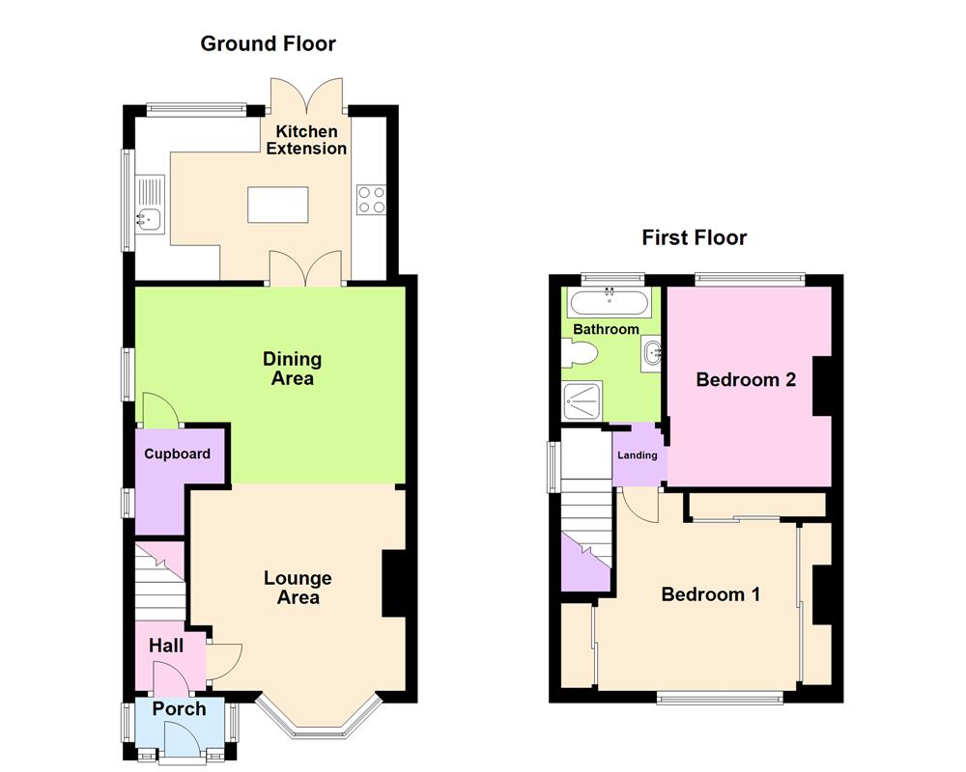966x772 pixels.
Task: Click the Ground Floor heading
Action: (268, 43)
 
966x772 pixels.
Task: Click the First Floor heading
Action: (694, 238)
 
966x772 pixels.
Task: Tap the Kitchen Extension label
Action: (306, 140)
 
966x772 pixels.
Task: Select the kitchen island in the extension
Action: (278, 205)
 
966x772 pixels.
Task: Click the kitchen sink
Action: (147, 218)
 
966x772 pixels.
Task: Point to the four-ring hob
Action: (372, 200)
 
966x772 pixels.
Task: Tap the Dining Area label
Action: (292, 369)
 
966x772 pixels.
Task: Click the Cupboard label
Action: (177, 455)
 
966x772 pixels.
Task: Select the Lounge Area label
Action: (298, 588)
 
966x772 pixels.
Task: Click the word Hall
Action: (165, 646)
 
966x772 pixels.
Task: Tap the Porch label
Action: (180, 709)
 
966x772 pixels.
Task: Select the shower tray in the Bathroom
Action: (582, 400)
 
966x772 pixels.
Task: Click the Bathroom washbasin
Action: (651, 353)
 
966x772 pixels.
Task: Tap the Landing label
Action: (637, 455)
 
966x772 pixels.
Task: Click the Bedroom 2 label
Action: (746, 380)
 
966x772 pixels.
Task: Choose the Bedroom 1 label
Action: (710, 594)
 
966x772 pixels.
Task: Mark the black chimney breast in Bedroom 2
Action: (823, 387)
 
